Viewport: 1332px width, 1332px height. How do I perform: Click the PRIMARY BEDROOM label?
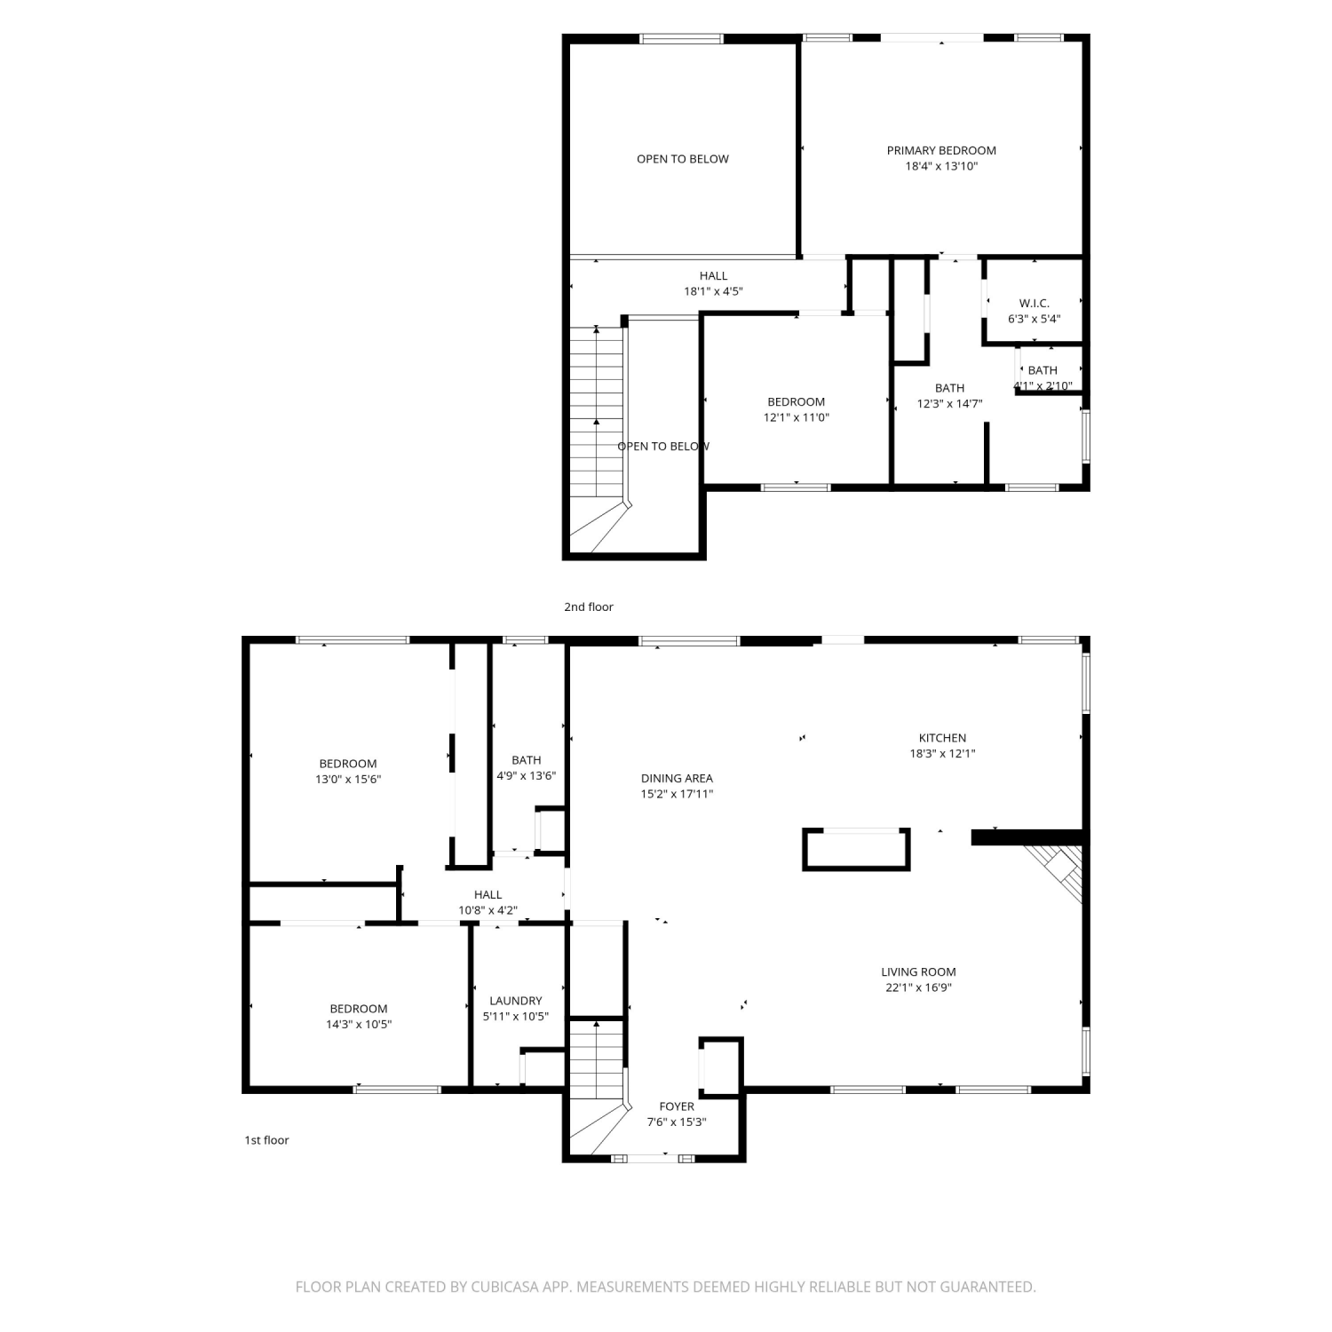click(941, 150)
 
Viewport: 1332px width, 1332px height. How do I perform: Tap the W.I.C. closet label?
click(1034, 303)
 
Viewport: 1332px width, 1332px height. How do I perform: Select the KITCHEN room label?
click(942, 738)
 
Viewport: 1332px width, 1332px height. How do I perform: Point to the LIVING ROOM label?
click(918, 972)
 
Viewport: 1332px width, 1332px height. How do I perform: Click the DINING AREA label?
click(677, 779)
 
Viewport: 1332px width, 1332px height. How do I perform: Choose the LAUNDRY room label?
click(515, 1001)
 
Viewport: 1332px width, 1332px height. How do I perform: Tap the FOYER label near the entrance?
click(677, 1106)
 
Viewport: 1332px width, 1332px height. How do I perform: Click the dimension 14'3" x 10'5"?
click(359, 1024)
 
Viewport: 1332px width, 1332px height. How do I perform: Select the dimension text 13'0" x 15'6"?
click(348, 779)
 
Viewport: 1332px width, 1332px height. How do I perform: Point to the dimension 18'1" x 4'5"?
click(713, 290)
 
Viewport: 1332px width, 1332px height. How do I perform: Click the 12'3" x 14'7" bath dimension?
click(949, 403)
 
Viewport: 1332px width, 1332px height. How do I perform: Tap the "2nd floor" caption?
click(589, 607)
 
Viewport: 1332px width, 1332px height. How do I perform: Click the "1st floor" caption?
click(266, 1140)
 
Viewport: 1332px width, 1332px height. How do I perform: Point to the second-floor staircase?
click(597, 435)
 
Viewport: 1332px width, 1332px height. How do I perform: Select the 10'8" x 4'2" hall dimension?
click(488, 910)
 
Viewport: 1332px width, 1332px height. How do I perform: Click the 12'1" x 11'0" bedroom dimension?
click(797, 417)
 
